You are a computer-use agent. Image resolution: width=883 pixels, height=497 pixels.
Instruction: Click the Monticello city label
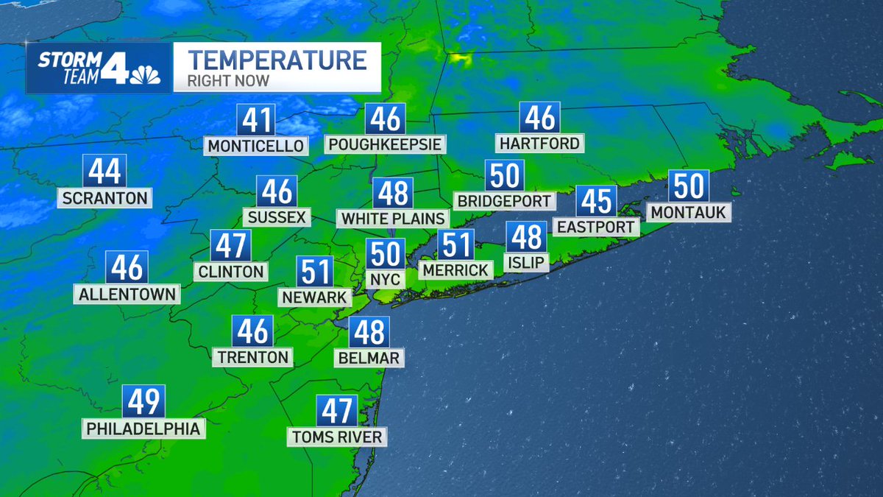click(255, 146)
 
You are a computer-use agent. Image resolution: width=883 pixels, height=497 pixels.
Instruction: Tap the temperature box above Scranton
click(105, 172)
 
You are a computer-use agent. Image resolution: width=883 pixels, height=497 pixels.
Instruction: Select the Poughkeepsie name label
click(386, 144)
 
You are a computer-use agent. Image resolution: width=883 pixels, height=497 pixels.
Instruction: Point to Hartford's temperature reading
click(539, 118)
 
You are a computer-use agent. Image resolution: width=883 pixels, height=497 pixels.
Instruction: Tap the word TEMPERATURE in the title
click(277, 59)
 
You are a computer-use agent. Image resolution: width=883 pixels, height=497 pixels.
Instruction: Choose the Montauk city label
click(688, 213)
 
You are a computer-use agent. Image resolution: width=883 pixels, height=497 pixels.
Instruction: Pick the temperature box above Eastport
click(595, 201)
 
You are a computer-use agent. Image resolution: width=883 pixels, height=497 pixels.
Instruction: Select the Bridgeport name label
click(504, 200)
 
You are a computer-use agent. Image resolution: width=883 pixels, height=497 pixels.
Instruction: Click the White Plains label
click(393, 218)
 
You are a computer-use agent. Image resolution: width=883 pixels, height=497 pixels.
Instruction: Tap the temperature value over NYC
click(386, 255)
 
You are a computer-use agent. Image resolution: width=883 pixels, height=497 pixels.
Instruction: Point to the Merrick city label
click(455, 270)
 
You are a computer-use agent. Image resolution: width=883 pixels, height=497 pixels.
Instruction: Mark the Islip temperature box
click(526, 237)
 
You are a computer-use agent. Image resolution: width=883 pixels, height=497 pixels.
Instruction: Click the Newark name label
click(313, 297)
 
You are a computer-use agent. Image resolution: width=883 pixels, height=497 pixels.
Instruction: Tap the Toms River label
click(336, 437)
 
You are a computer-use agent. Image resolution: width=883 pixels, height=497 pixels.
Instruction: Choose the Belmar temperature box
click(369, 333)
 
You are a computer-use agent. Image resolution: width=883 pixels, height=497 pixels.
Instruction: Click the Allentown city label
click(127, 295)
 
